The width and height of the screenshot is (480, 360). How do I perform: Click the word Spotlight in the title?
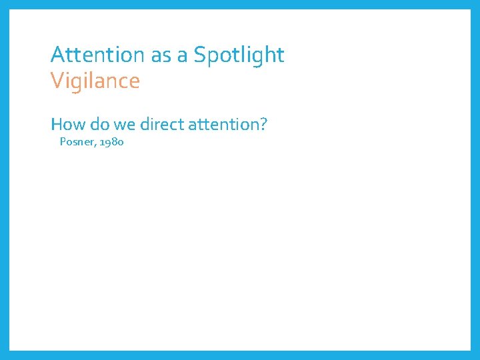click(x=239, y=55)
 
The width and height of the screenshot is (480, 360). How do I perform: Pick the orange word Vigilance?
click(x=95, y=81)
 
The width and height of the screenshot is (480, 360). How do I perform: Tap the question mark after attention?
click(x=263, y=124)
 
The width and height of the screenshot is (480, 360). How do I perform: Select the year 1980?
click(x=111, y=141)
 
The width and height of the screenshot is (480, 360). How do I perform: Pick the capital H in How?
click(x=57, y=124)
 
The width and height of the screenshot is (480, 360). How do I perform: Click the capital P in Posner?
click(x=63, y=141)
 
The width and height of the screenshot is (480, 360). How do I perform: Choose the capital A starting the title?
click(x=57, y=55)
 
